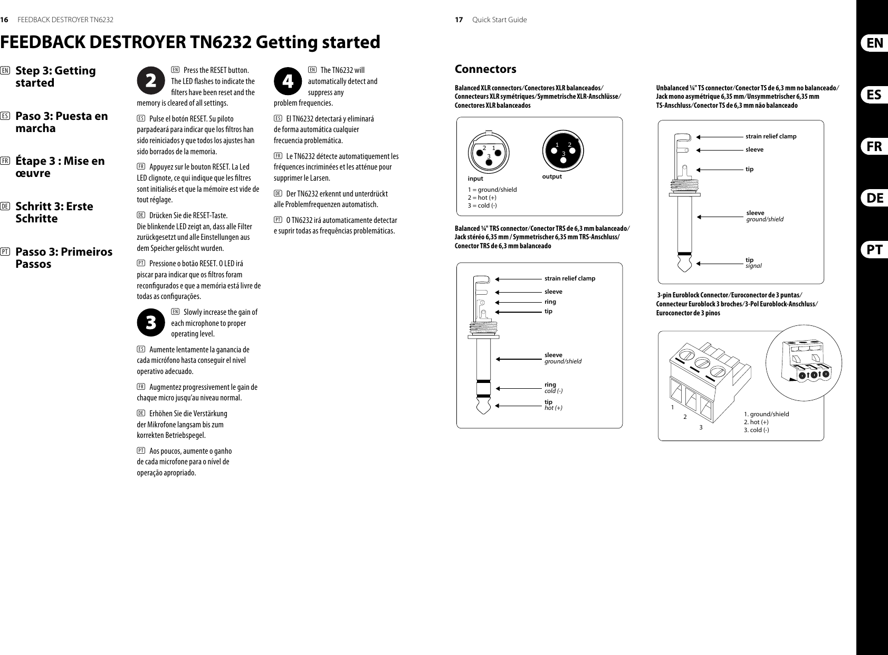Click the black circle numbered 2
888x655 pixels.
point(151,81)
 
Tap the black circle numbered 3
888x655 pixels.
point(151,323)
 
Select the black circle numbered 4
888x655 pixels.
point(288,81)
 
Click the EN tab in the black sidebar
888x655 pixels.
point(874,43)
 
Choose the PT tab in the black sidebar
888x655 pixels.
point(874,250)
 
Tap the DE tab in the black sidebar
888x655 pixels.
point(874,199)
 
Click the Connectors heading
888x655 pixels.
point(485,69)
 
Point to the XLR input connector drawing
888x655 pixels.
point(489,151)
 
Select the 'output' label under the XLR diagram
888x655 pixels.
point(552,176)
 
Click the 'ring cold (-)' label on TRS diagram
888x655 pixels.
point(553,388)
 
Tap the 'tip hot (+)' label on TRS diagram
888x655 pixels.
point(552,405)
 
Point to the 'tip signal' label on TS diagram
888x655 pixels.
point(753,263)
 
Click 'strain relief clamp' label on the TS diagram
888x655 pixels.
point(770,136)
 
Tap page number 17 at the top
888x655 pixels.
point(459,20)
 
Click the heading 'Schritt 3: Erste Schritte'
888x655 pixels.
point(54,212)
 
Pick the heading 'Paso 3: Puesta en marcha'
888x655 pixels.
point(62,122)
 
